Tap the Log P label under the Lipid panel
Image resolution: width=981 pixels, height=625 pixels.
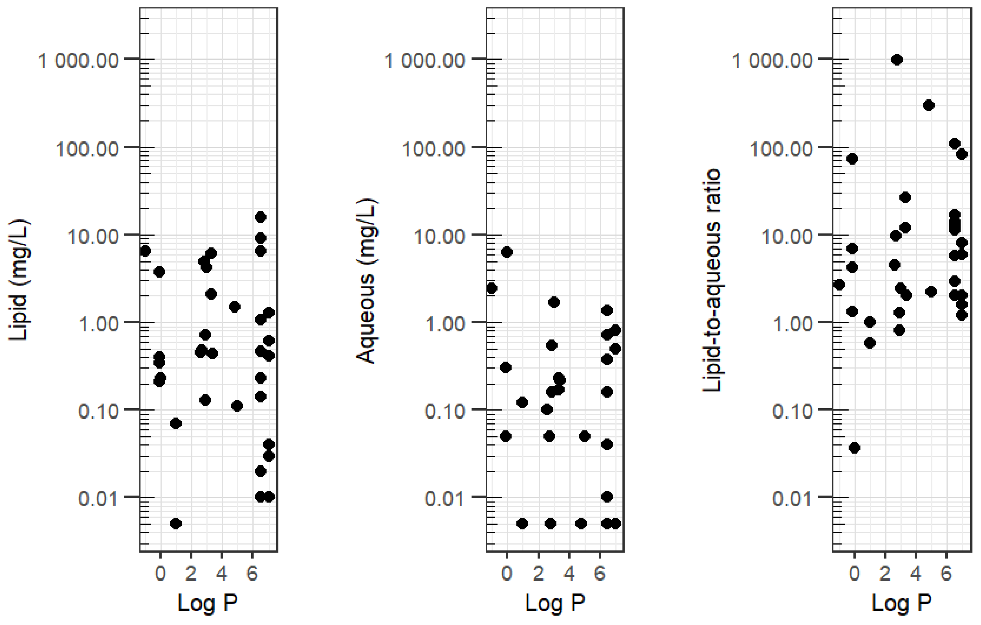pos(208,602)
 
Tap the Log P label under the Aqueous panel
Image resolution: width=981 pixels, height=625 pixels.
pos(555,602)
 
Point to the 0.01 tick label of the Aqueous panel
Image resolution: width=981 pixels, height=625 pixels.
pos(445,498)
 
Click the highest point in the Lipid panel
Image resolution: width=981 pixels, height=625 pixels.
pos(261,217)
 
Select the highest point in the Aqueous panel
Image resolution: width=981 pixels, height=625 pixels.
pos(507,252)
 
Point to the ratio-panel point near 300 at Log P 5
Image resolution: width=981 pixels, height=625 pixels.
pos(929,105)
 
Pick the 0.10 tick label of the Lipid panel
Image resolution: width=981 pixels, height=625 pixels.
pos(98,411)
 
